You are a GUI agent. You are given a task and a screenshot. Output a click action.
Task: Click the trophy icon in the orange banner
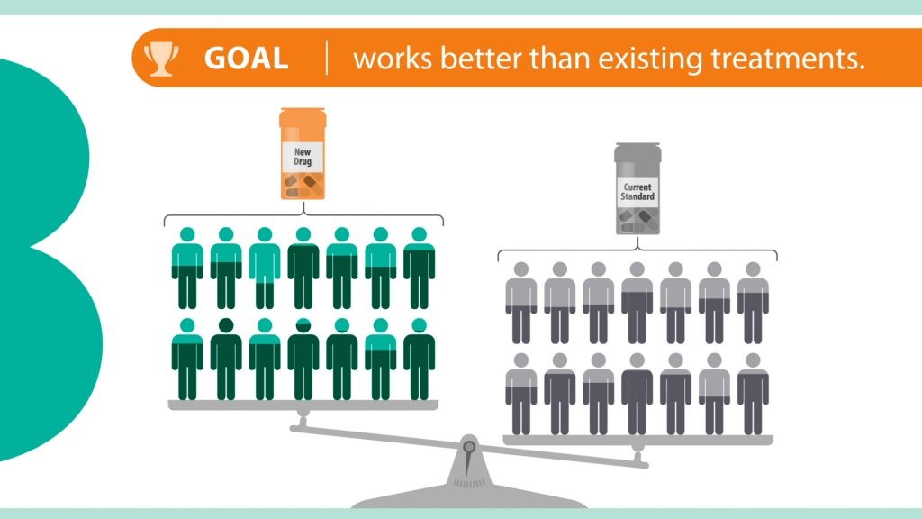161,59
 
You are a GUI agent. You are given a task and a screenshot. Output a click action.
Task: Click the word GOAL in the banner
247,59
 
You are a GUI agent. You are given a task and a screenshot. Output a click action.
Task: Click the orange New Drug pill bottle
303,153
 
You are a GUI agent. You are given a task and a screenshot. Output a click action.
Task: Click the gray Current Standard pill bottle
638,188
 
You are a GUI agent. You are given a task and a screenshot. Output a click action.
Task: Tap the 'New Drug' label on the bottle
303,157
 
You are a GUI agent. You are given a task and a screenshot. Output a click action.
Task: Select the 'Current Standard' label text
638,192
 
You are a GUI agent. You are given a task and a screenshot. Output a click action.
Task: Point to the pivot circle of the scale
469,447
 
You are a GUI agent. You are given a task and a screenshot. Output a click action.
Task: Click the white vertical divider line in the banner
327,58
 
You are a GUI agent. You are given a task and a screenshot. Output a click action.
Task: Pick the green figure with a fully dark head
226,359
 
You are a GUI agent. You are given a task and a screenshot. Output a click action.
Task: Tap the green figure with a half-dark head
303,359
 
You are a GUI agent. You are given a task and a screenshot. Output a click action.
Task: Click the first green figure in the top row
187,268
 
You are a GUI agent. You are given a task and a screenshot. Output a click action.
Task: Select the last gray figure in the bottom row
754,395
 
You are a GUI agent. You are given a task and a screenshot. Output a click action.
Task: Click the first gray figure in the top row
521,303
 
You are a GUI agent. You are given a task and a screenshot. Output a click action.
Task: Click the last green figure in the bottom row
420,359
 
